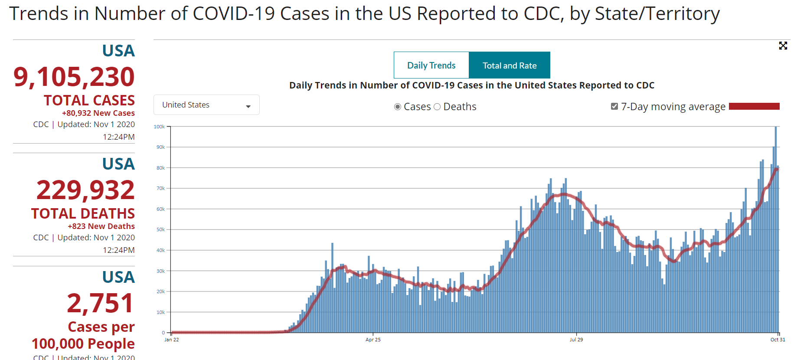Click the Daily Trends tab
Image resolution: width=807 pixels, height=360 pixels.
pyautogui.click(x=431, y=65)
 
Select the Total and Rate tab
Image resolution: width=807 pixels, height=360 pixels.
pyautogui.click(x=510, y=65)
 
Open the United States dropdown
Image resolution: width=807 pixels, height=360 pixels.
pyautogui.click(x=206, y=105)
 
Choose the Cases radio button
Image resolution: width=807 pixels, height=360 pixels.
pyautogui.click(x=398, y=107)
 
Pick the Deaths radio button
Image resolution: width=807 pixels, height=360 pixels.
pyautogui.click(x=437, y=107)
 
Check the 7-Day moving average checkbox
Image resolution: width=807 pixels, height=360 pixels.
pyautogui.click(x=614, y=106)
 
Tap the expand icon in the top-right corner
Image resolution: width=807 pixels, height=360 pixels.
pyautogui.click(x=783, y=46)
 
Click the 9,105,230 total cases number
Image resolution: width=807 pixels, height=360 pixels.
pyautogui.click(x=74, y=77)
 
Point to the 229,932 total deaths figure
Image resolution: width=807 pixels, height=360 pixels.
pyautogui.click(x=85, y=190)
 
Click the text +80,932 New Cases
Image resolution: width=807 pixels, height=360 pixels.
pyautogui.click(x=98, y=113)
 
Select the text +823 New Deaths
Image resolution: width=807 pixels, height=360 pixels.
pyautogui.click(x=101, y=226)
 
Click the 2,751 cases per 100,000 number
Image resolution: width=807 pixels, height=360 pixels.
pyautogui.click(x=100, y=303)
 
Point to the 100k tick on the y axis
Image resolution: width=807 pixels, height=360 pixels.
pyautogui.click(x=159, y=127)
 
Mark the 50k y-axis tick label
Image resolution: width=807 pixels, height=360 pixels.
pyautogui.click(x=160, y=229)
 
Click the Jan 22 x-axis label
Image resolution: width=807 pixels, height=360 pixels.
pyautogui.click(x=171, y=340)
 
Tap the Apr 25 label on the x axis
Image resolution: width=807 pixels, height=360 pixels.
pyautogui.click(x=373, y=340)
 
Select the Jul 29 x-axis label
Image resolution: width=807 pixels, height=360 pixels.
pyautogui.click(x=576, y=340)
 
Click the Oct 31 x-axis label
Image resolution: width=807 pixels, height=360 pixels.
pyautogui.click(x=778, y=340)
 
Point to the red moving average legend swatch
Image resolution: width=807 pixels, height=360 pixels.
pyautogui.click(x=754, y=106)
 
